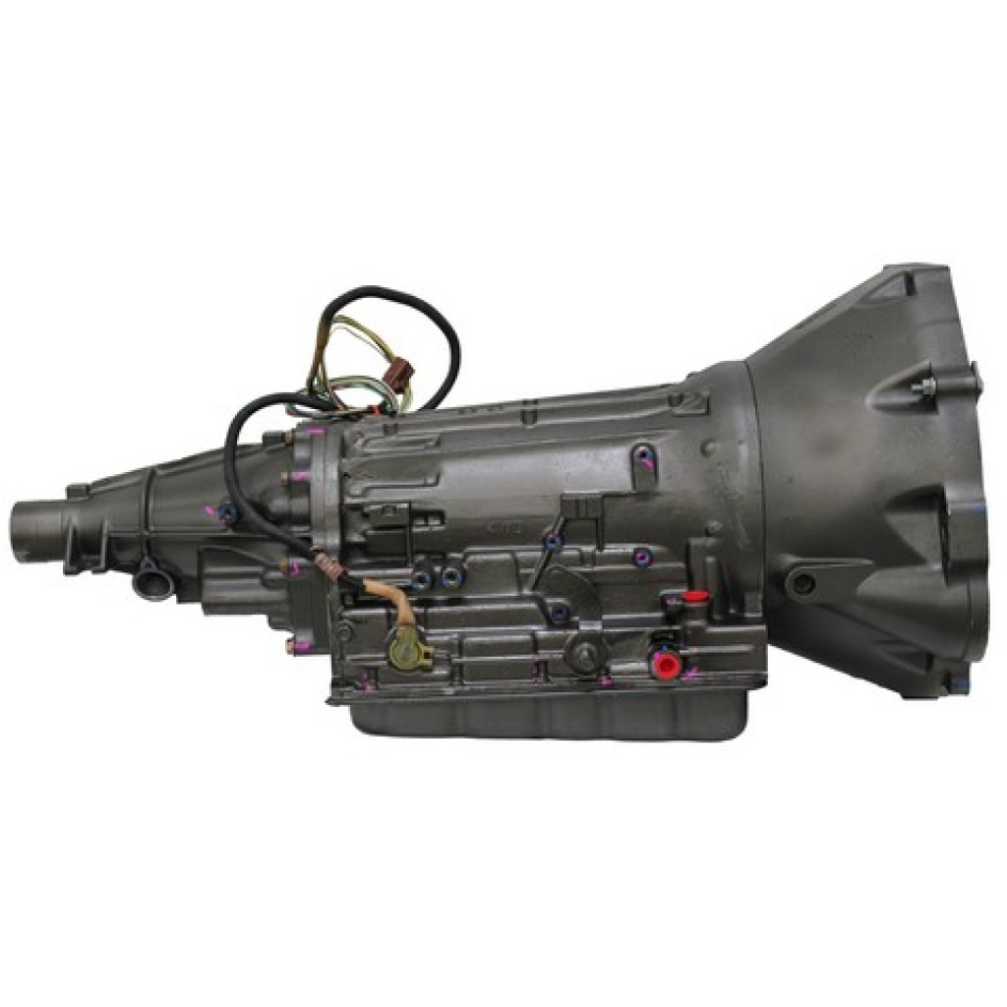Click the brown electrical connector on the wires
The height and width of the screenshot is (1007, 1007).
[x=400, y=377]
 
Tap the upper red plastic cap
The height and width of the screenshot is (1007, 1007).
[x=696, y=596]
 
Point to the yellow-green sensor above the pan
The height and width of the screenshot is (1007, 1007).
[x=402, y=650]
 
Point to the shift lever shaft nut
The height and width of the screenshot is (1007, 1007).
[x=587, y=654]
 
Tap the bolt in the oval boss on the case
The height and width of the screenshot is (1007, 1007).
[x=644, y=457]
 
